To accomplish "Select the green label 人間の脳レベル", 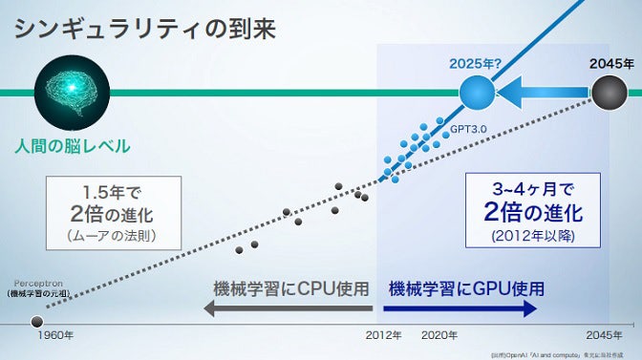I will (73, 147).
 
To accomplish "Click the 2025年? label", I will (476, 64).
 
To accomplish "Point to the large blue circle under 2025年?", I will (477, 93).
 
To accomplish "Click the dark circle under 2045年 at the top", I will (608, 93).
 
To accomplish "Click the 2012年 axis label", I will (384, 336).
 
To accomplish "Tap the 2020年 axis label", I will (439, 336).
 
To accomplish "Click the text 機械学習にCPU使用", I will (291, 288).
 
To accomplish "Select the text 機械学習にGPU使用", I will (466, 288).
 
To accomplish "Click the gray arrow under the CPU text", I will (287, 308).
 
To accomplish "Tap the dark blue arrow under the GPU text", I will (464, 308).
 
